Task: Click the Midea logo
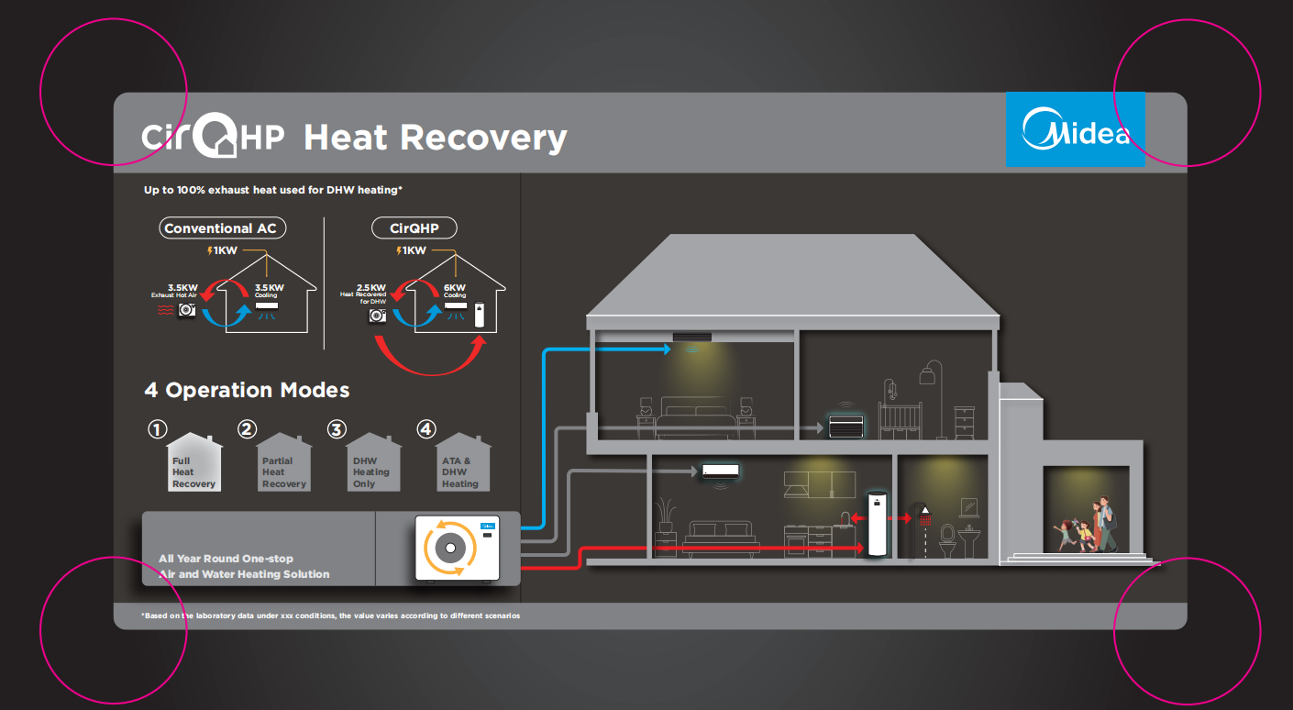(1076, 129)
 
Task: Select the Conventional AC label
(220, 228)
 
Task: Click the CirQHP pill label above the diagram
(414, 228)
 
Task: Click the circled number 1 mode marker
(159, 429)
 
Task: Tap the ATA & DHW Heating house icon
(463, 464)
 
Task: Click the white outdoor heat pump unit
(458, 549)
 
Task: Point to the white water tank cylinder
(878, 524)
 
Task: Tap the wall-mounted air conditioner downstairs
(720, 471)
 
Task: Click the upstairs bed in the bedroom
(696, 417)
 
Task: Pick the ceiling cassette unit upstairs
(692, 338)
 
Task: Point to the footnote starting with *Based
(330, 616)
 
